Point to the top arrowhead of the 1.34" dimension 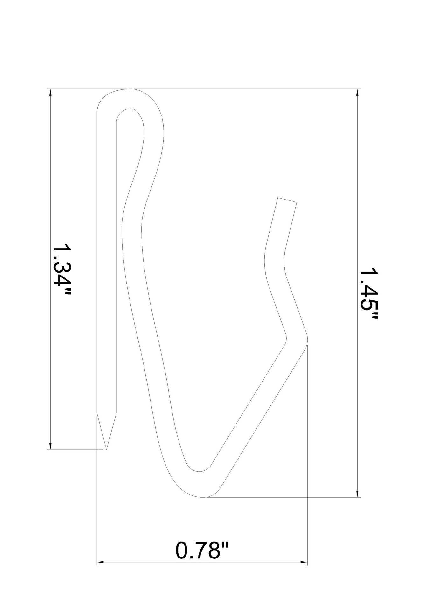[50, 92]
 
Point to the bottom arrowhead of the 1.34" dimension [50, 446]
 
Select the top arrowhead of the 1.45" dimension [357, 92]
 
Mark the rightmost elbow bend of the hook [298, 339]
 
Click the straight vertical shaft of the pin [107, 255]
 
